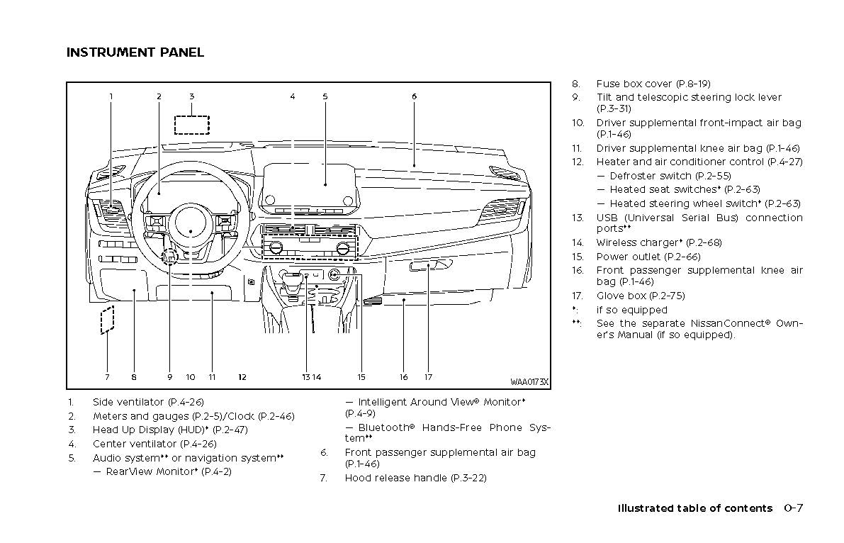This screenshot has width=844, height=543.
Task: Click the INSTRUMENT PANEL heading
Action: (135, 52)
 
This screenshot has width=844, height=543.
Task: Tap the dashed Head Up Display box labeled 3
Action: (192, 124)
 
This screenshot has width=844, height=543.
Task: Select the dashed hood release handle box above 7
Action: (107, 320)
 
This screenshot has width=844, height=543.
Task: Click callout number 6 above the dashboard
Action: (414, 96)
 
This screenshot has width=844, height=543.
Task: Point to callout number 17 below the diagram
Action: (428, 377)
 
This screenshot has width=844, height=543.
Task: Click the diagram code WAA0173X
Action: (529, 382)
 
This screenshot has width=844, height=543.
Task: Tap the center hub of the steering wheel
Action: (190, 221)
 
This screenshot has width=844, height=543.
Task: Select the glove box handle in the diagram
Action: (430, 266)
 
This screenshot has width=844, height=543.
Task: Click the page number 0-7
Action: (793, 508)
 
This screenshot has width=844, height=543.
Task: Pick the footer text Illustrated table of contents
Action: (694, 508)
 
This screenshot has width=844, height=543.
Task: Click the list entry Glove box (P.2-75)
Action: (640, 296)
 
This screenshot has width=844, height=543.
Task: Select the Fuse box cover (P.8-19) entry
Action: (653, 84)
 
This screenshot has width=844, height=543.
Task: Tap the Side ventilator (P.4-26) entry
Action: (148, 402)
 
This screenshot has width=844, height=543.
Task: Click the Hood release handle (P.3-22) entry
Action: (415, 478)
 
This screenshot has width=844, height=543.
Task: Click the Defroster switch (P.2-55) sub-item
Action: (670, 176)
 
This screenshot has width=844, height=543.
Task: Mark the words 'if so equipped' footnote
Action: (631, 310)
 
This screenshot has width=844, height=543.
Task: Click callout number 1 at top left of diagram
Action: (111, 96)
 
